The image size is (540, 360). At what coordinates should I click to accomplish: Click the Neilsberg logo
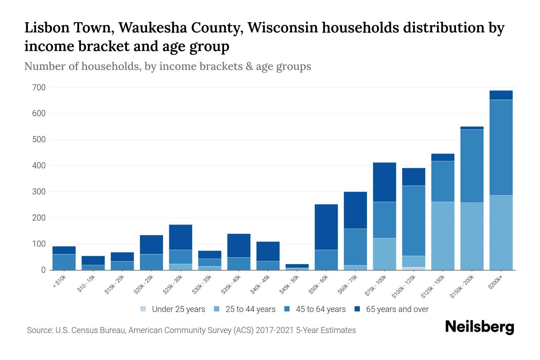point(479,327)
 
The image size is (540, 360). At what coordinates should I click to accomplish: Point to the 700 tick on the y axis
point(39,88)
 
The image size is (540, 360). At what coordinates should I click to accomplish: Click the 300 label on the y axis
point(39,192)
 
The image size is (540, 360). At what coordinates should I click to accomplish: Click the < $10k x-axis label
point(59,282)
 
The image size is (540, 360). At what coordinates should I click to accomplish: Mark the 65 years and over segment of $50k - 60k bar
point(326,227)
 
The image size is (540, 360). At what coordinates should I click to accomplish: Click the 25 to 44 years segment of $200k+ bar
point(501,232)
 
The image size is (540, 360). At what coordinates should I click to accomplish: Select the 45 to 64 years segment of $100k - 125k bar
point(413,220)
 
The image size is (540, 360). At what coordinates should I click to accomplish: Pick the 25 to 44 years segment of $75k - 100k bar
point(384,254)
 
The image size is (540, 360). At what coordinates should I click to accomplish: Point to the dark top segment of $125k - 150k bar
point(442,157)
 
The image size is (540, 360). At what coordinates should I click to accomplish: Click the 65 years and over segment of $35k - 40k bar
point(239,245)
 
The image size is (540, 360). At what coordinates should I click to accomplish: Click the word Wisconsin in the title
point(283,28)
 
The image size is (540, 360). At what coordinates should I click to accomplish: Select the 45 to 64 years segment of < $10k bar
point(64,262)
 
